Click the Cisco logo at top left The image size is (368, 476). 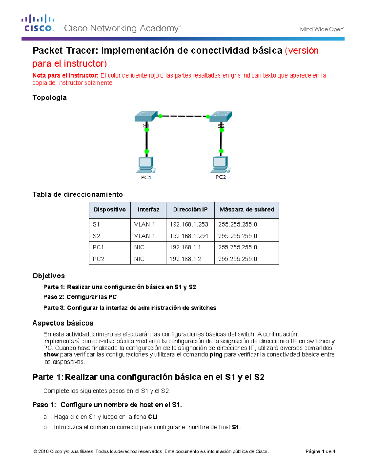(38, 23)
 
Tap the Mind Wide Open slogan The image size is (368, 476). (322, 29)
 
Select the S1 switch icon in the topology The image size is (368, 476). (146, 116)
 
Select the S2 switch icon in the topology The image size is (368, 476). (221, 116)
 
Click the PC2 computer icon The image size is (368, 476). (220, 165)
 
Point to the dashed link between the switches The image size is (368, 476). (184, 116)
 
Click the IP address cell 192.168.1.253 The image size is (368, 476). (189, 224)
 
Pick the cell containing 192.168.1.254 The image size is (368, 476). (189, 236)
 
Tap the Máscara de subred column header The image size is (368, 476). (247, 210)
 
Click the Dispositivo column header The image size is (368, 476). (109, 210)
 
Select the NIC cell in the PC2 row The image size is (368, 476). (139, 259)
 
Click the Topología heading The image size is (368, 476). (50, 97)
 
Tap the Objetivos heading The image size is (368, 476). (49, 276)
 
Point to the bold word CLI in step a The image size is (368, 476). (153, 417)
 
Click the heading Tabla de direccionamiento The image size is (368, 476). (78, 194)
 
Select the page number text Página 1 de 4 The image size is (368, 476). (320, 451)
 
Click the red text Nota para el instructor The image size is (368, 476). (65, 75)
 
